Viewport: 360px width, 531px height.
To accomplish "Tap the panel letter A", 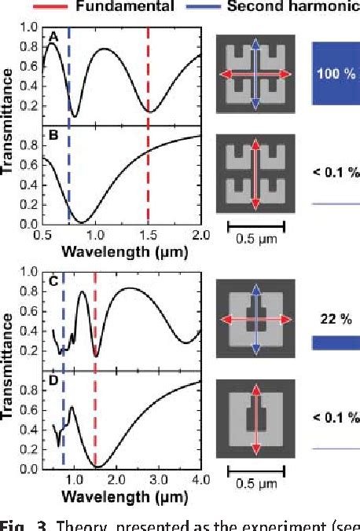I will click(53, 37).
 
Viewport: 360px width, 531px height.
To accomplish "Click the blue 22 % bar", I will click(336, 342).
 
